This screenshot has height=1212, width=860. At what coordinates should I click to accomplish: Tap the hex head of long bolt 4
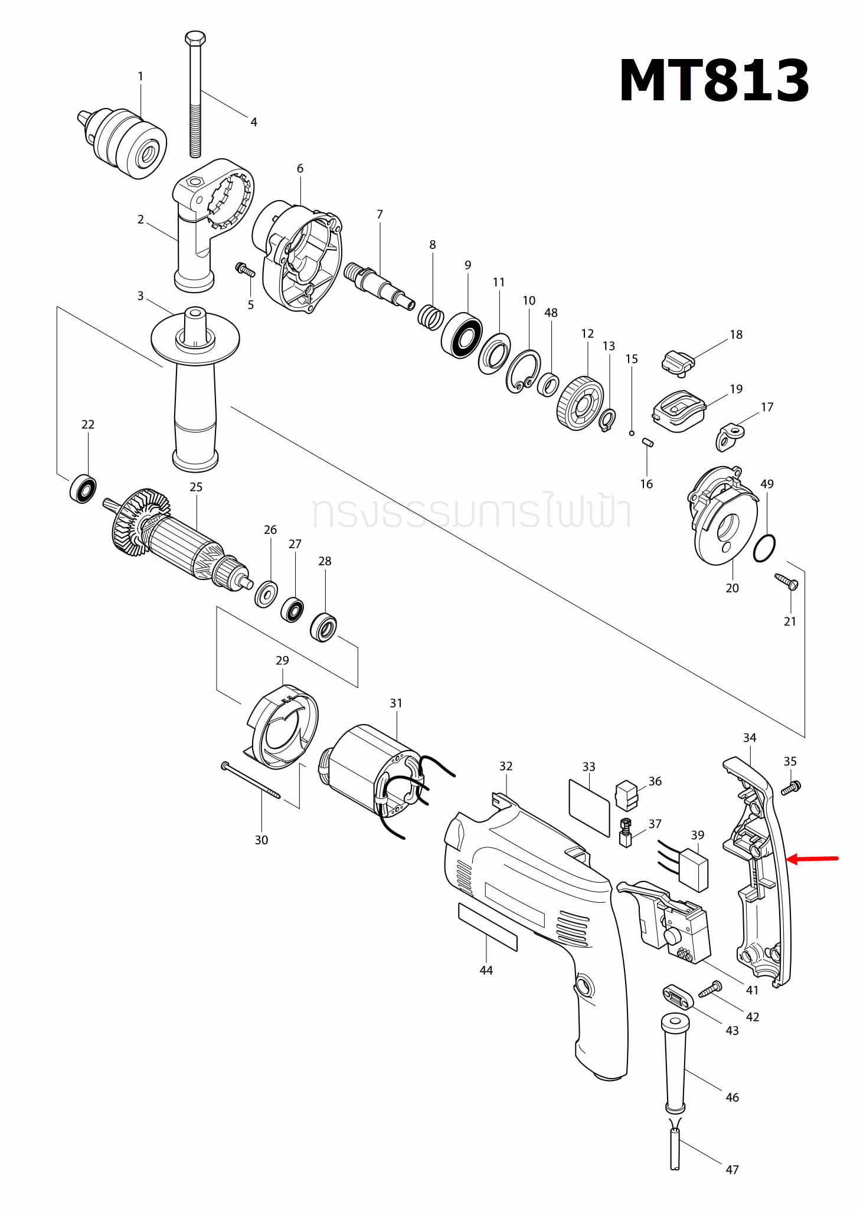pyautogui.click(x=195, y=39)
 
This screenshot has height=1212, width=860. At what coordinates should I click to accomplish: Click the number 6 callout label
pyautogui.click(x=300, y=169)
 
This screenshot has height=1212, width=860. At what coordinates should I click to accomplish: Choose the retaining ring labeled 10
pyautogui.click(x=522, y=371)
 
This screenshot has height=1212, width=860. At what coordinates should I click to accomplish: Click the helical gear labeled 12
pyautogui.click(x=580, y=404)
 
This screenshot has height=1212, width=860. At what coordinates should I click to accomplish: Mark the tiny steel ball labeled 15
pyautogui.click(x=631, y=433)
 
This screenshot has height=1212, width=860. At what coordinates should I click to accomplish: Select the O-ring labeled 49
pyautogui.click(x=764, y=549)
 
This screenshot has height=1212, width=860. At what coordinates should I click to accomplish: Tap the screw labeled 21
pyautogui.click(x=787, y=581)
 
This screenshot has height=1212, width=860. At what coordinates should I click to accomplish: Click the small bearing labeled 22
pyautogui.click(x=83, y=488)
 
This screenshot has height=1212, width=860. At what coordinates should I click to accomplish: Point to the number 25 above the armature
pyautogui.click(x=196, y=487)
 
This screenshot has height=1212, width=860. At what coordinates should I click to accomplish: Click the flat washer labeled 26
pyautogui.click(x=266, y=594)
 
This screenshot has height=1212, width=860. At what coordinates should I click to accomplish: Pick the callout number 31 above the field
pyautogui.click(x=395, y=703)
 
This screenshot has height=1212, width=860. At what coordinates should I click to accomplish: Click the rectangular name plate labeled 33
pyautogui.click(x=589, y=807)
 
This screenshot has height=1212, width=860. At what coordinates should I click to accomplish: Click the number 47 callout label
pyautogui.click(x=732, y=1169)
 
